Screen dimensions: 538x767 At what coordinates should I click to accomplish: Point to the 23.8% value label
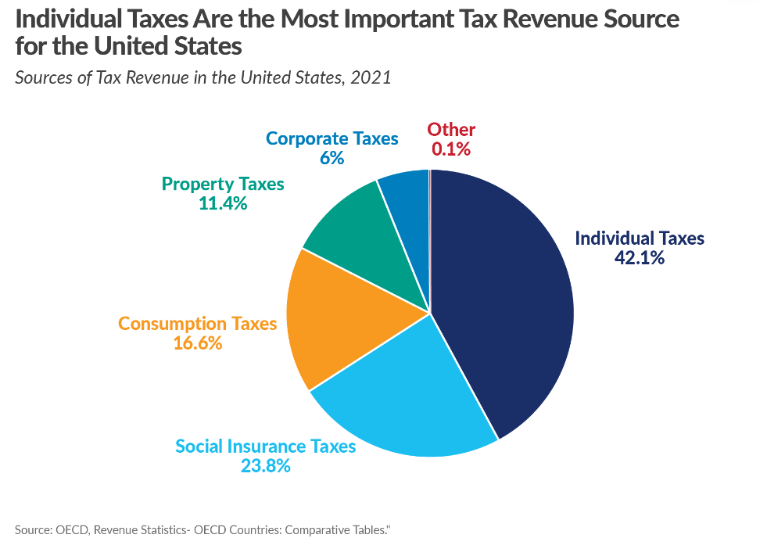point(265,466)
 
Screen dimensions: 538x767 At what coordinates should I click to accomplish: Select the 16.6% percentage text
point(197,343)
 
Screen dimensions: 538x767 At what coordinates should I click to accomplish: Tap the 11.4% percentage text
point(223,203)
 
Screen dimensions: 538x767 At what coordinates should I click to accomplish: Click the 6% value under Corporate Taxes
point(332,158)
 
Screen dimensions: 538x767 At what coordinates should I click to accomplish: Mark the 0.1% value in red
point(451,149)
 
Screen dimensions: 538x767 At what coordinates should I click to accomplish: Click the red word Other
point(451,130)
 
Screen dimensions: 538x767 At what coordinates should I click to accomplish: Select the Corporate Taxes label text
point(332,138)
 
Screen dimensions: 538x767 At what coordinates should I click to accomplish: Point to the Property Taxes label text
point(223,184)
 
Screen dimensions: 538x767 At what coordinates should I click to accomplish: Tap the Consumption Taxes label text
point(197,323)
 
